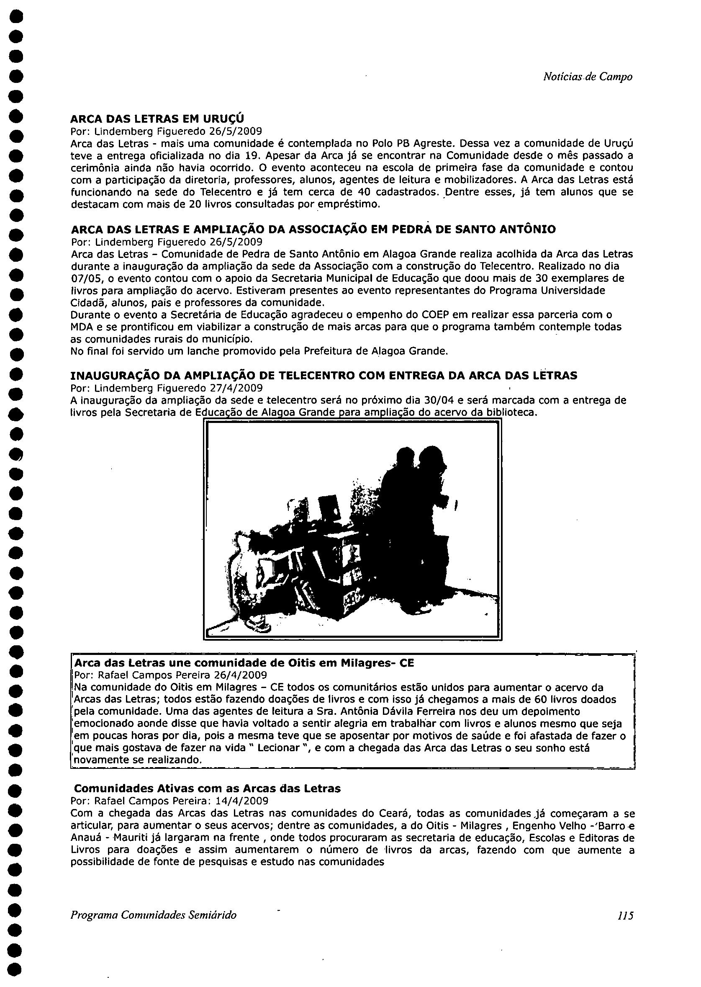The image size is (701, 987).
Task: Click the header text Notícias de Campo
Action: [588, 77]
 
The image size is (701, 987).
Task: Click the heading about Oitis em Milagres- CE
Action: [244, 662]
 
